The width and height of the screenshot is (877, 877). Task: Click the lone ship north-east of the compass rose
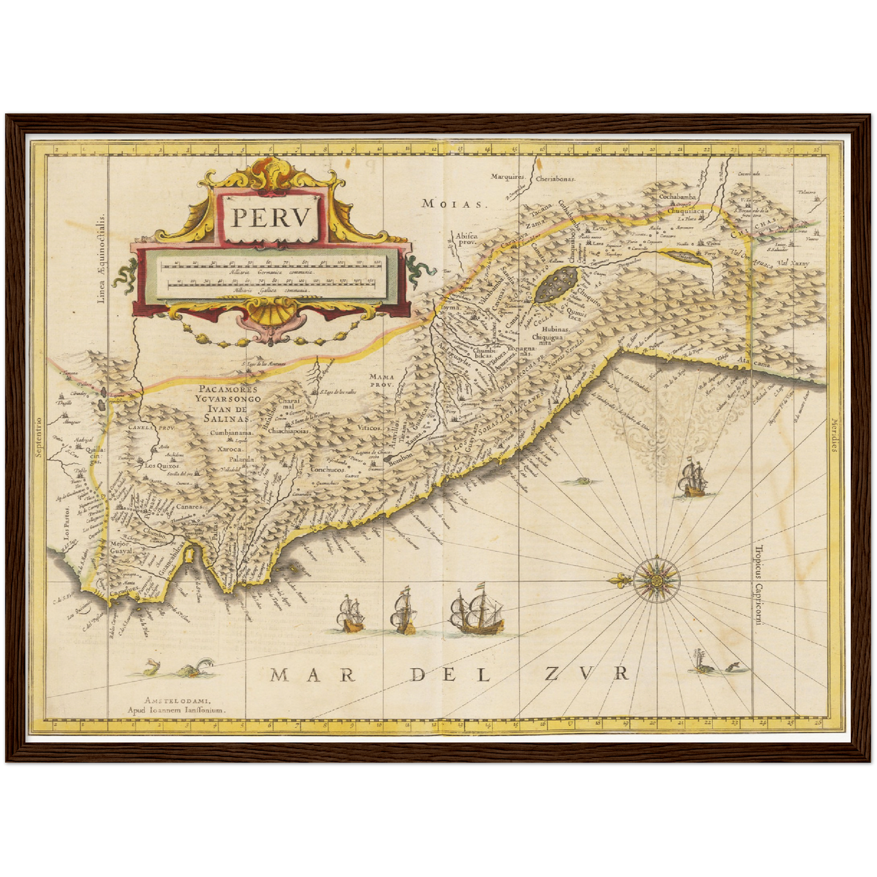click(692, 479)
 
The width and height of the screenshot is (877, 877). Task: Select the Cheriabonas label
click(555, 179)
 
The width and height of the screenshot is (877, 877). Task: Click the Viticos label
click(369, 427)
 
